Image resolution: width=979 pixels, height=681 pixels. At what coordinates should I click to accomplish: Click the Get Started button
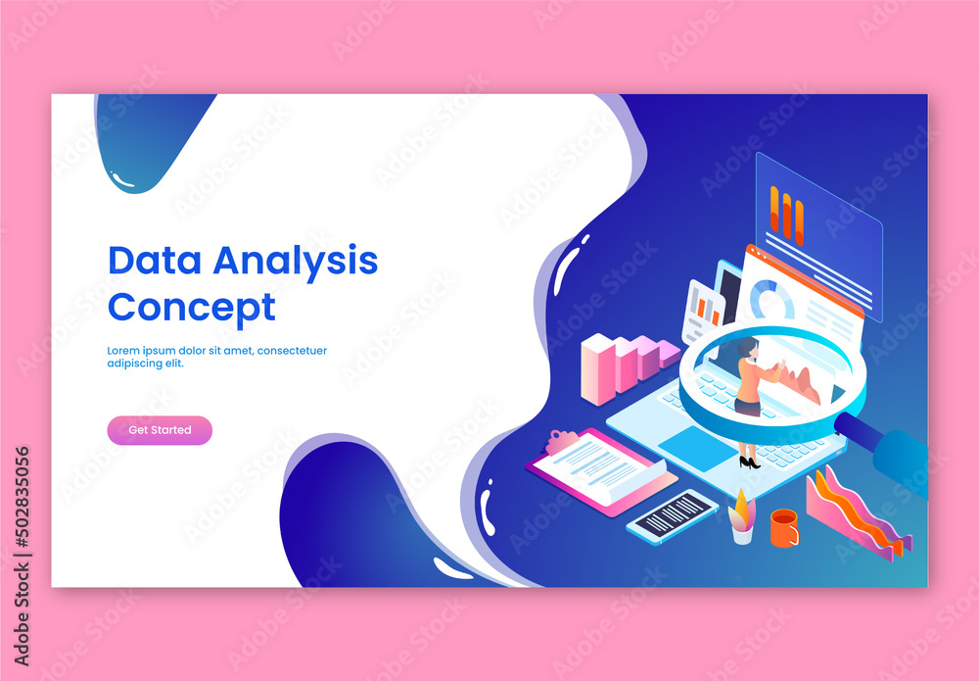pyautogui.click(x=160, y=430)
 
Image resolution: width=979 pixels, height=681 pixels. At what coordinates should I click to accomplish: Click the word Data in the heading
pyautogui.click(x=156, y=261)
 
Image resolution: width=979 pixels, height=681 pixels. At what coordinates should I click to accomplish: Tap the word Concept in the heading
pyautogui.click(x=191, y=308)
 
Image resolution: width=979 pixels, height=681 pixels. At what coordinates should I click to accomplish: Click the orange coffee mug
pyautogui.click(x=783, y=528)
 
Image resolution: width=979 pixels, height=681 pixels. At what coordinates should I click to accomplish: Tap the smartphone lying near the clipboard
pyautogui.click(x=673, y=515)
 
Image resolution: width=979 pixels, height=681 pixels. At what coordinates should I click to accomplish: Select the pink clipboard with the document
pyautogui.click(x=600, y=469)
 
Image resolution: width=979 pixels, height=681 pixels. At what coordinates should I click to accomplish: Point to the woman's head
pyautogui.click(x=748, y=347)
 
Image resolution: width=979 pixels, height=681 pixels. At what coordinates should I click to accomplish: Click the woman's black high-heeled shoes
pyautogui.click(x=749, y=462)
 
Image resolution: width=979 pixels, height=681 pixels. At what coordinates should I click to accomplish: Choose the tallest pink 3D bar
pyautogui.click(x=597, y=368)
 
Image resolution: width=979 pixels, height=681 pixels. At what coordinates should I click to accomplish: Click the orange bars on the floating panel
pyautogui.click(x=786, y=215)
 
